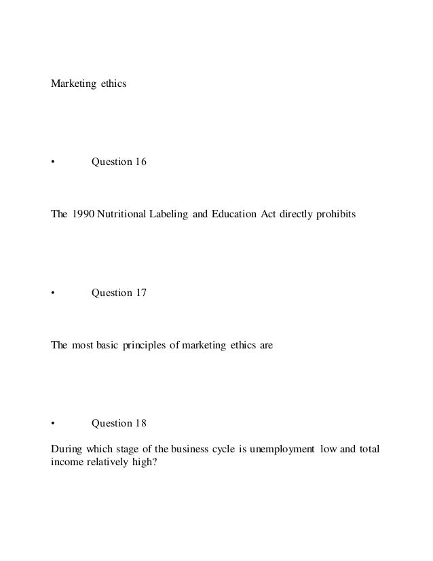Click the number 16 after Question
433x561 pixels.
(139, 162)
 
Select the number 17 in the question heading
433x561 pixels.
(139, 293)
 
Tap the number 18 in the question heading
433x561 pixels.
(139, 423)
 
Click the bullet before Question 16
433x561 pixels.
(53, 162)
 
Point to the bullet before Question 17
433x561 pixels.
(53, 293)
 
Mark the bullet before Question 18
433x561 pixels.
(53, 423)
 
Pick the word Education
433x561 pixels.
(235, 214)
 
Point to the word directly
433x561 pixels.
(293, 214)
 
